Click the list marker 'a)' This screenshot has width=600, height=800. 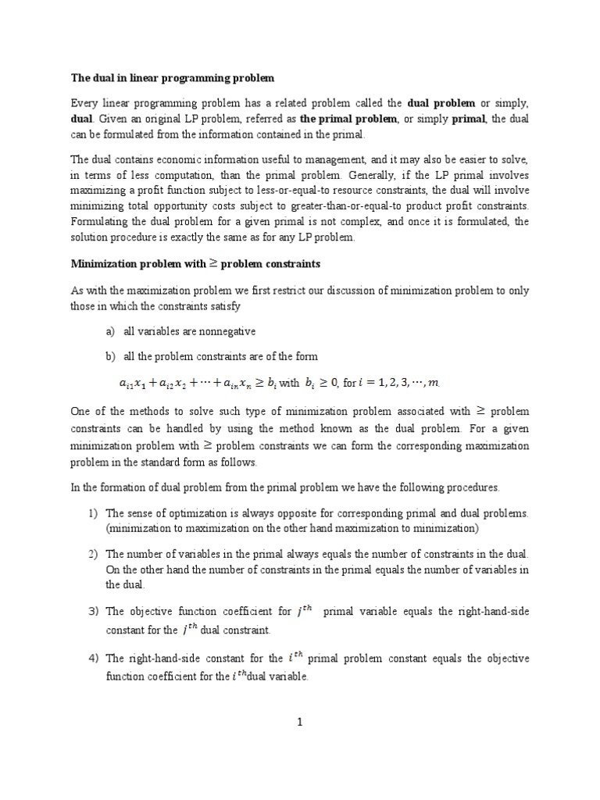[x=110, y=331]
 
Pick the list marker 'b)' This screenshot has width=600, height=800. [x=110, y=356]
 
